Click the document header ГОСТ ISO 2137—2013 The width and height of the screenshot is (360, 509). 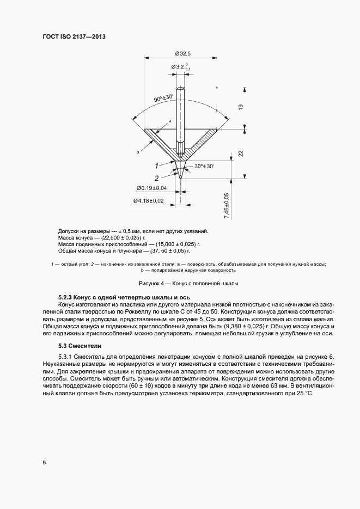tap(74, 36)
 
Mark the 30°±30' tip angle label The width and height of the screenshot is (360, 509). tap(201, 166)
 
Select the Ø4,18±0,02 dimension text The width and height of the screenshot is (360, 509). tap(149, 201)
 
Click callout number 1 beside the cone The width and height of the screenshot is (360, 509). tap(156, 164)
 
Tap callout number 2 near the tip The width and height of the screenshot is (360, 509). tap(156, 177)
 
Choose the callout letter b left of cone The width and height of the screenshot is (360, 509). tap(138, 153)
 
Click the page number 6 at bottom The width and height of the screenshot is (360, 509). tap(44, 463)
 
